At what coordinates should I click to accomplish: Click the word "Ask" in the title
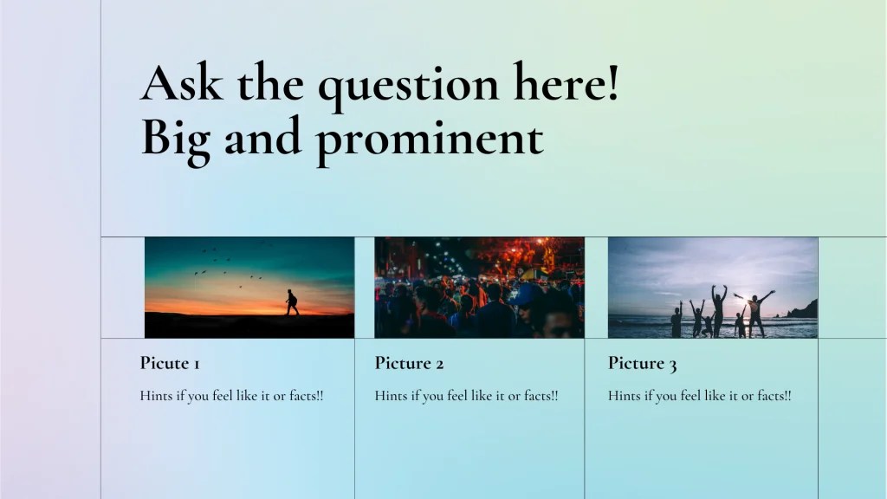(183, 84)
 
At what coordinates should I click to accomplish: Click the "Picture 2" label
(409, 363)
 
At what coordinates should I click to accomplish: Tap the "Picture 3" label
(642, 363)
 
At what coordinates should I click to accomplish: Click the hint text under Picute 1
(231, 396)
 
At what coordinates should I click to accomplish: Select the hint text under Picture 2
(466, 396)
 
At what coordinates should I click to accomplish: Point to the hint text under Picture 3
(699, 396)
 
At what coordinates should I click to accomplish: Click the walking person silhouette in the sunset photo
(292, 302)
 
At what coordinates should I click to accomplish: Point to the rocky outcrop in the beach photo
(804, 310)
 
